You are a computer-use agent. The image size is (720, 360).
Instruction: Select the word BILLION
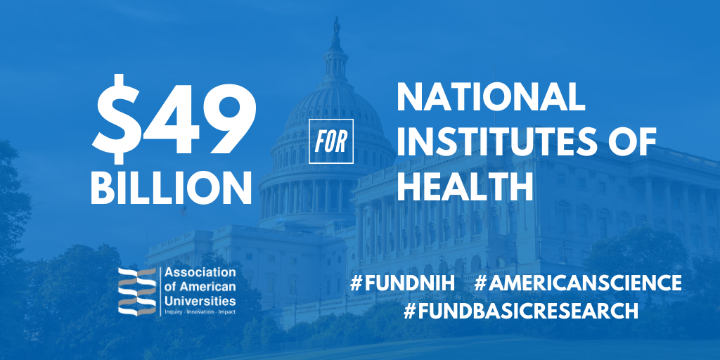click(171, 188)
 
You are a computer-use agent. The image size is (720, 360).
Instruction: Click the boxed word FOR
click(331, 141)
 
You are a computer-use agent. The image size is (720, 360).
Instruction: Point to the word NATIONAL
click(491, 97)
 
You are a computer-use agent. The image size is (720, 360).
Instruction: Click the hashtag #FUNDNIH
click(402, 283)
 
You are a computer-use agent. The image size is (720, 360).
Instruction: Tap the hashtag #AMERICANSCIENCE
click(578, 283)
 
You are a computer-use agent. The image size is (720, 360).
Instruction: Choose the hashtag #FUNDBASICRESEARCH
click(521, 311)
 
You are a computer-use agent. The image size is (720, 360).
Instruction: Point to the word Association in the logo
click(200, 273)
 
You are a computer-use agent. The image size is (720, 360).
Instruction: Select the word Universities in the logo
click(200, 302)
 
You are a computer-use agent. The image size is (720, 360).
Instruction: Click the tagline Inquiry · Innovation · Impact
click(200, 312)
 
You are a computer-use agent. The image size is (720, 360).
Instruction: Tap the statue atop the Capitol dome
click(337, 26)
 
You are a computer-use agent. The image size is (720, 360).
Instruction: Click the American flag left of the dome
click(183, 211)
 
